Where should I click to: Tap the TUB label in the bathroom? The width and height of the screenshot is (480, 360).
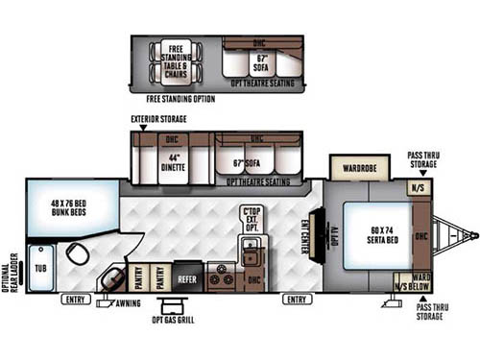40,260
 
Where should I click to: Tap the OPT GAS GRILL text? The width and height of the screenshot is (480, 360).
173,319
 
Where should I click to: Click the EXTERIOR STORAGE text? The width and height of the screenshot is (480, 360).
159,119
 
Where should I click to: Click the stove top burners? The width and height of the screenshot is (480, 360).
222,279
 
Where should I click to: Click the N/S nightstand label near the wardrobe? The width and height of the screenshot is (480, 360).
418,189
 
